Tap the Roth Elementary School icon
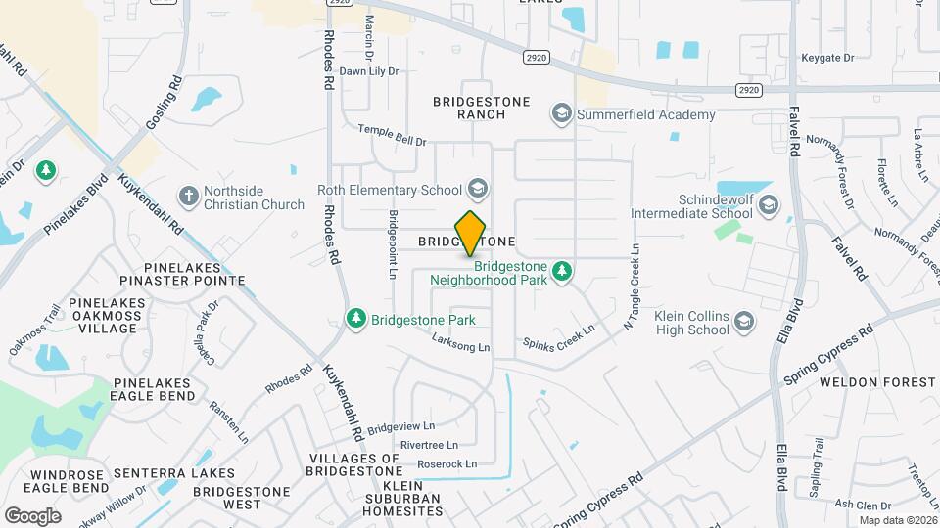click(477, 189)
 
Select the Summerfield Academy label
click(646, 115)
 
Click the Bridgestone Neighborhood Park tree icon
click(561, 270)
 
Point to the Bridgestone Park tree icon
click(355, 319)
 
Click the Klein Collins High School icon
click(744, 322)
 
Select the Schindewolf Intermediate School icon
click(769, 205)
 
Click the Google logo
click(32, 515)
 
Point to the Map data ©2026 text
click(896, 520)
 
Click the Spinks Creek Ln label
click(558, 336)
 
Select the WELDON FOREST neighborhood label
click(877, 381)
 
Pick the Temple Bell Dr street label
click(392, 135)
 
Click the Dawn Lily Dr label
click(369, 71)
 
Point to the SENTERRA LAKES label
click(173, 473)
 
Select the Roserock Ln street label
click(446, 463)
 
